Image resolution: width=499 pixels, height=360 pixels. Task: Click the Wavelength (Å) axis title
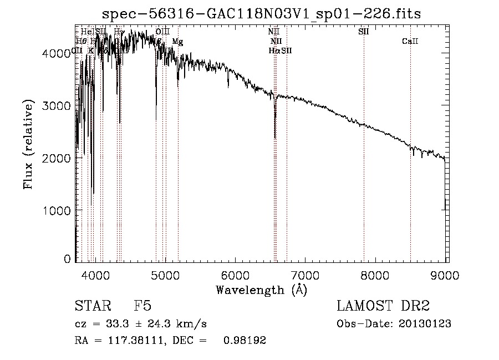tap(261, 290)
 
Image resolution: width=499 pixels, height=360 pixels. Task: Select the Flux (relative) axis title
tap(28, 144)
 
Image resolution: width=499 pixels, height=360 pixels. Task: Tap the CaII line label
tap(410, 42)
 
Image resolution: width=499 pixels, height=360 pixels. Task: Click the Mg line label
tap(176, 42)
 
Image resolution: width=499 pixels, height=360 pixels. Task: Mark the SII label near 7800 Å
tap(364, 32)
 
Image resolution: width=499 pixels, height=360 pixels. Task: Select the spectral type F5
tap(142, 307)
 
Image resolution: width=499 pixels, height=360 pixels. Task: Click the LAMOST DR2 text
tap(383, 307)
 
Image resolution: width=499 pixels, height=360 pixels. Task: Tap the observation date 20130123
tap(426, 324)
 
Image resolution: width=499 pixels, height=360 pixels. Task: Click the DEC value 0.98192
tap(245, 341)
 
